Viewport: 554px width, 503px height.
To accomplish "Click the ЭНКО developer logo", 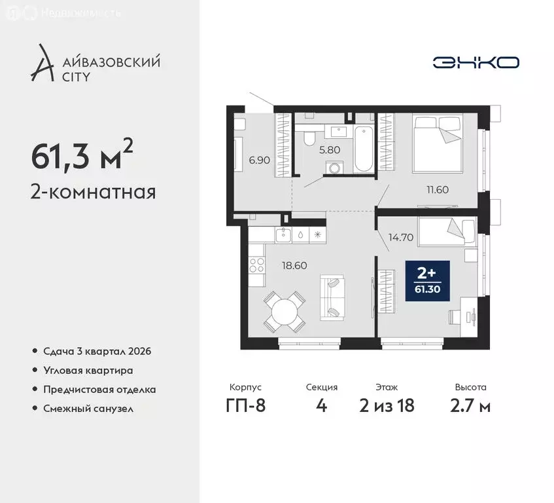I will (x=476, y=62).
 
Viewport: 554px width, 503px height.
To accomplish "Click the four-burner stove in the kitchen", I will (x=256, y=266).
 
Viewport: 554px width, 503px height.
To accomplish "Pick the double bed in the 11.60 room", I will (x=436, y=139).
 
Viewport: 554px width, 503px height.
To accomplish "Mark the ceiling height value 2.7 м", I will (x=472, y=405).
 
